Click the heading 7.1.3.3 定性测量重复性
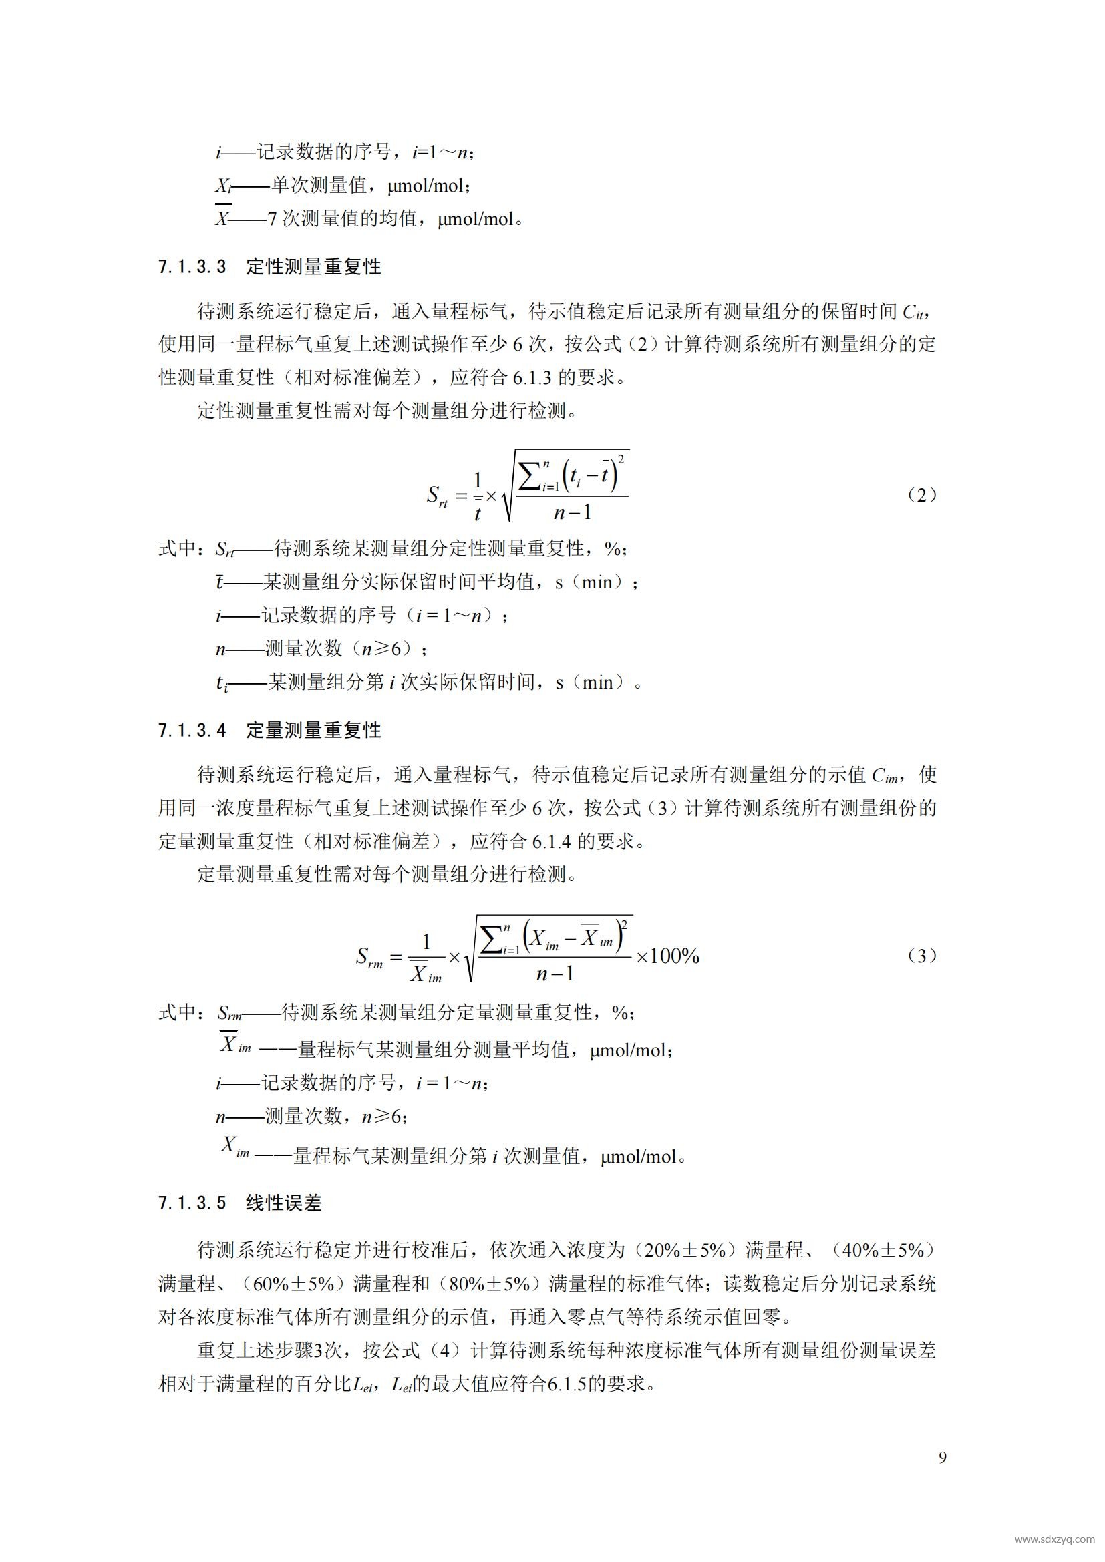pyautogui.click(x=269, y=266)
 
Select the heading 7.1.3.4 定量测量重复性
pyautogui.click(x=269, y=730)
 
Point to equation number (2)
pyautogui.click(x=922, y=495)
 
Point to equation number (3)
pyautogui.click(x=922, y=956)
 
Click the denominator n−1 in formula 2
pyautogui.click(x=573, y=512)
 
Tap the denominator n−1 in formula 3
pyautogui.click(x=555, y=974)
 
